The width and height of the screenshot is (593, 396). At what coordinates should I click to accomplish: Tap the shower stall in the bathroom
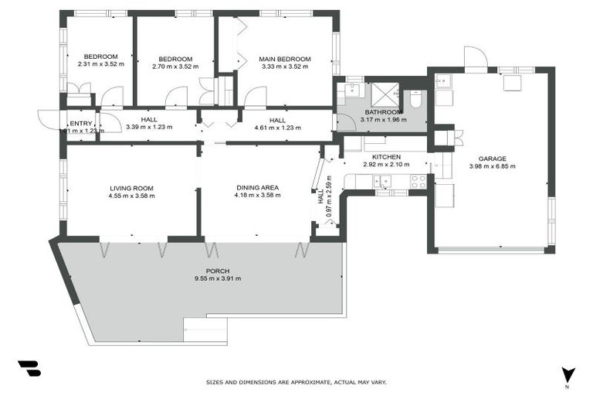(x=384, y=94)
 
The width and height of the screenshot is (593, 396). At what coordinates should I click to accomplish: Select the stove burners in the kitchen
(x=418, y=182)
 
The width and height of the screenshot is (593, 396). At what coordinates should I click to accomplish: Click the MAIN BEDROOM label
(x=284, y=59)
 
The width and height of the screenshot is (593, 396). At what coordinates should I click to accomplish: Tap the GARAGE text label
(x=492, y=158)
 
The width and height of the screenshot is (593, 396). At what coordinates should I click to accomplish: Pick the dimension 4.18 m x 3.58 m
(x=257, y=195)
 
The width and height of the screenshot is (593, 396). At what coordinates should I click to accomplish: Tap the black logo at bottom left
(x=29, y=369)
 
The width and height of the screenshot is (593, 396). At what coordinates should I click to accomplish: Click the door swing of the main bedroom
(x=255, y=97)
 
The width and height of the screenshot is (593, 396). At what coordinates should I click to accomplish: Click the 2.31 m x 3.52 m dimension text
(x=100, y=64)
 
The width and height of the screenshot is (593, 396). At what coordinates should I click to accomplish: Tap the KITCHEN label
(x=386, y=157)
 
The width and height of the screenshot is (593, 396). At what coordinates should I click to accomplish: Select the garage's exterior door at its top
(x=475, y=57)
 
